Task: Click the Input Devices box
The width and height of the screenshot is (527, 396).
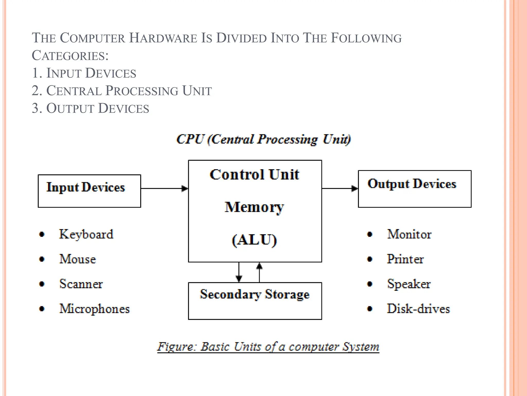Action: point(89,191)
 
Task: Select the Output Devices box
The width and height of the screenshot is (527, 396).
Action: point(414,189)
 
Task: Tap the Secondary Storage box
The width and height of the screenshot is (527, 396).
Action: point(255,301)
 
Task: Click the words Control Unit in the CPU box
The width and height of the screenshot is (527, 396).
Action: point(254,175)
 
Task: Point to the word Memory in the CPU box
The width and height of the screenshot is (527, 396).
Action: point(254,207)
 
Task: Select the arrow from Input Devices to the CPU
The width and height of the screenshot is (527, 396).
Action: point(164,188)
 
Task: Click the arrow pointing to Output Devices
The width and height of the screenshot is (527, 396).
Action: point(340,188)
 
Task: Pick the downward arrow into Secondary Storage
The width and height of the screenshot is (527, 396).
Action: point(239,272)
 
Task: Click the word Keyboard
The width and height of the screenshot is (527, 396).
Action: point(86,234)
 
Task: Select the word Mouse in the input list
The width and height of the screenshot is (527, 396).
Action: point(78,259)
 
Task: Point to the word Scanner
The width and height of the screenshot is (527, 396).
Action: point(81,284)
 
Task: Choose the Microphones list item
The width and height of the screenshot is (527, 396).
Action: point(94,309)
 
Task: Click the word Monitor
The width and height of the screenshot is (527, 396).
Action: point(409,234)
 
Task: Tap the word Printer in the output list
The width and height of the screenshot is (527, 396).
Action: point(405,259)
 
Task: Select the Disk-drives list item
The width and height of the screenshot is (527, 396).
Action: point(418,309)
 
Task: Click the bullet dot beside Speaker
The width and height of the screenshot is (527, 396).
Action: point(370,284)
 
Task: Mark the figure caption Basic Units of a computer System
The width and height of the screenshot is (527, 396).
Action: point(268,347)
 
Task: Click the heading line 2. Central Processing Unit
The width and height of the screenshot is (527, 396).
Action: point(122,91)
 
